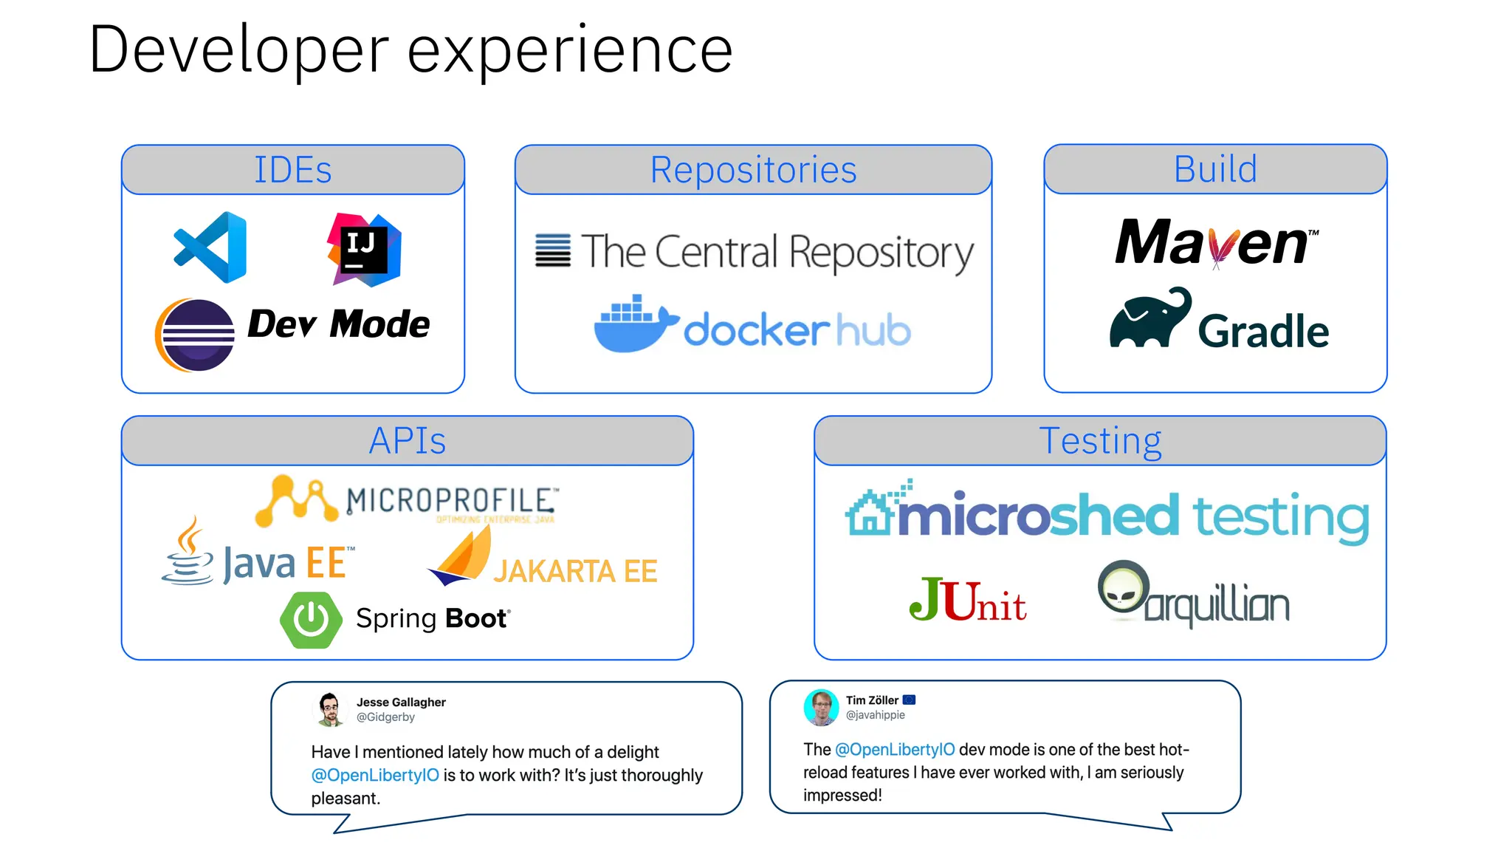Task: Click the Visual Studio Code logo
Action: click(x=211, y=247)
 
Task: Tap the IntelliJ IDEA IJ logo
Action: click(x=364, y=250)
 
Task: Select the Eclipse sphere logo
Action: click(x=196, y=335)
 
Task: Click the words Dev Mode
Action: click(x=338, y=324)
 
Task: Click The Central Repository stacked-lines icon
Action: click(x=553, y=250)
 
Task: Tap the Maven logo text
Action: click(x=1215, y=243)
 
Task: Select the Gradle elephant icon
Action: click(x=1150, y=319)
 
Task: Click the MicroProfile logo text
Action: click(x=452, y=501)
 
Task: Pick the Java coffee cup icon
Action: click(x=188, y=552)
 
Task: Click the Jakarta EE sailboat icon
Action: click(x=461, y=556)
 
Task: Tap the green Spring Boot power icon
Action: click(x=311, y=619)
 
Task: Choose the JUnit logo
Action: click(x=967, y=601)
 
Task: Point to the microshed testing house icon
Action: click(x=871, y=511)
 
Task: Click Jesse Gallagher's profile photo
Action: click(x=330, y=709)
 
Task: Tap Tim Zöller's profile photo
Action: click(x=821, y=707)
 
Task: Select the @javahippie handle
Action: click(x=875, y=715)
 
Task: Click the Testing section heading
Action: click(x=1100, y=441)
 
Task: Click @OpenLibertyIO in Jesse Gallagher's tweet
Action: click(x=375, y=775)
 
